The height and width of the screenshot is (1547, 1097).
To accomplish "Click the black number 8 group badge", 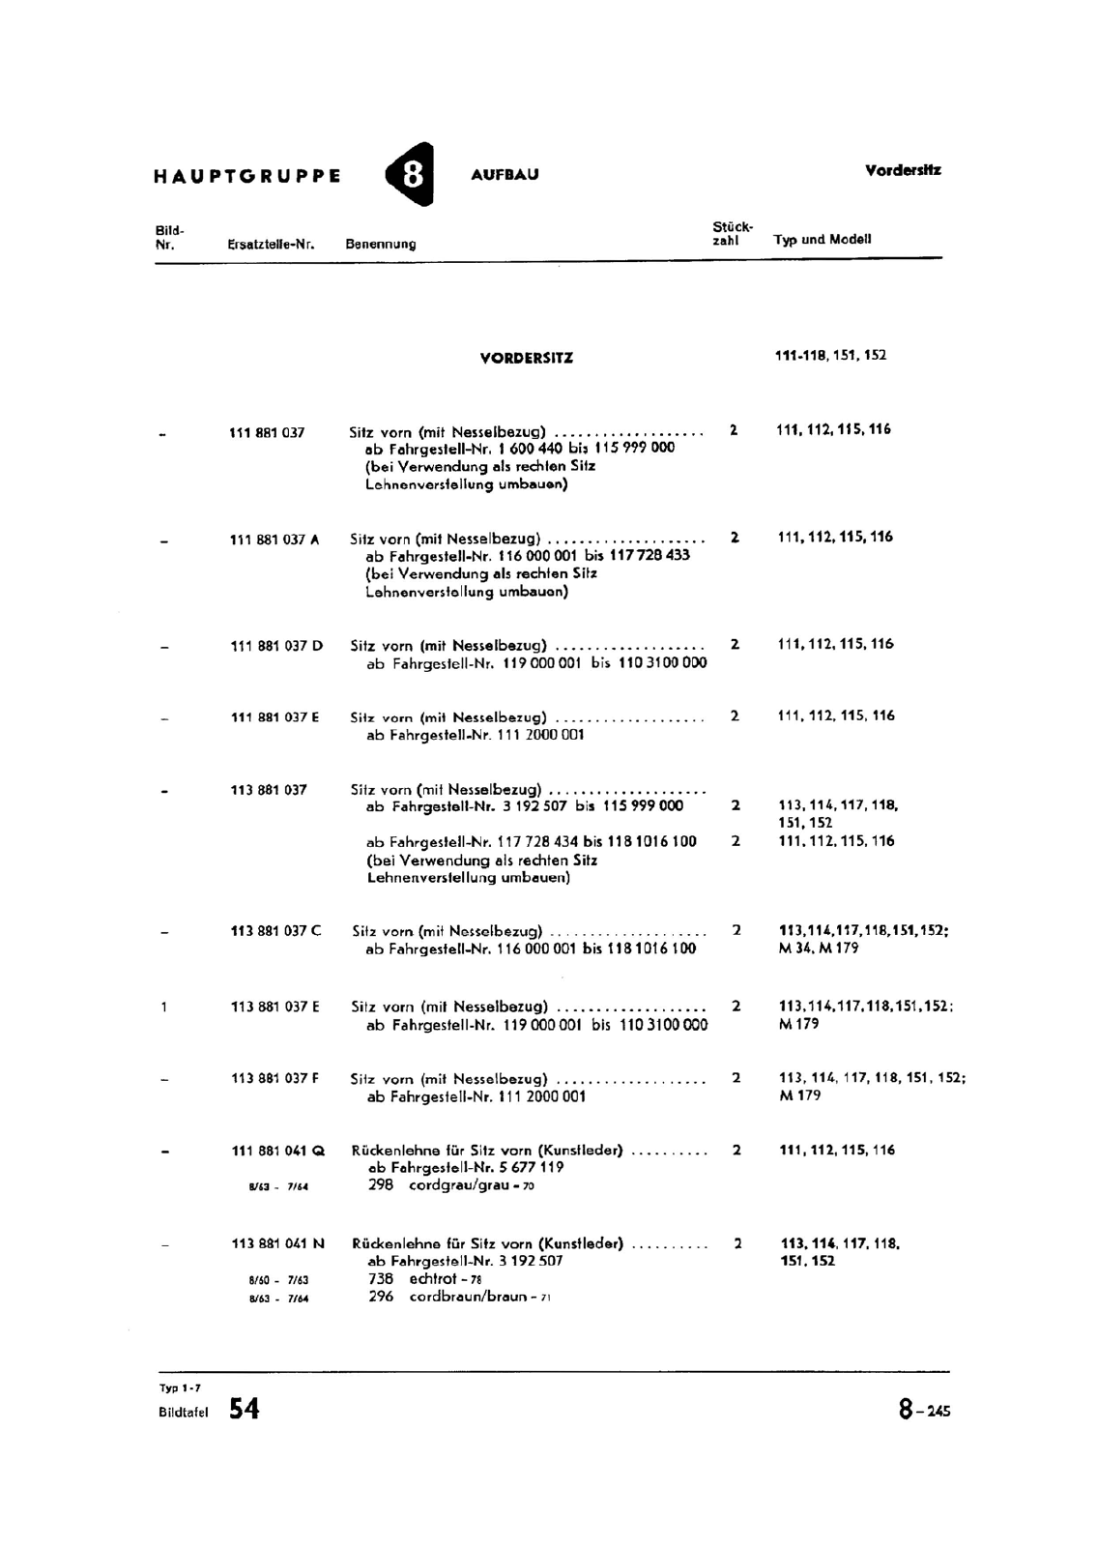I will pos(412,174).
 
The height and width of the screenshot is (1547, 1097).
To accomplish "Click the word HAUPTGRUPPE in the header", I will pos(246,176).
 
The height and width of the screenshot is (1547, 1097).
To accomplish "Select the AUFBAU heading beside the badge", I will pos(505,175).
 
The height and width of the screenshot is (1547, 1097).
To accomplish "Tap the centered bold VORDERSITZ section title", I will pos(527,358).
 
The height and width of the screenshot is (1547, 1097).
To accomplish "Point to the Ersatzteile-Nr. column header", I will pos(272,245).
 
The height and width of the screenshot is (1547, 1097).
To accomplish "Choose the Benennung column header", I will pos(381,245).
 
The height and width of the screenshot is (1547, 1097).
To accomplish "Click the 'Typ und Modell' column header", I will pos(823,239).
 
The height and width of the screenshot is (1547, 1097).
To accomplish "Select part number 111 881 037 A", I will pos(274,540).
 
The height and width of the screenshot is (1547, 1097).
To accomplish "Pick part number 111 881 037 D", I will pos(276,646).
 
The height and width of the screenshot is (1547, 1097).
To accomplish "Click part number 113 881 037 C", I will pos(276,931).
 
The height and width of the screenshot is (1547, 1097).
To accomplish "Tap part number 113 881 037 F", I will pos(275,1078).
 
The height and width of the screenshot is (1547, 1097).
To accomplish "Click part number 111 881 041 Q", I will pos(278,1151).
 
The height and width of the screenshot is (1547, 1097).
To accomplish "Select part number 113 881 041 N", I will pos(278,1243).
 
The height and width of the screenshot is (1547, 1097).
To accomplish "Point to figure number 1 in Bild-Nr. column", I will pos(164,1007).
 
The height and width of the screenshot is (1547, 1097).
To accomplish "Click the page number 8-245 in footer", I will pos(924,1411).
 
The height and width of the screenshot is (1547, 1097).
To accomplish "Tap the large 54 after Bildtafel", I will pos(245,1410).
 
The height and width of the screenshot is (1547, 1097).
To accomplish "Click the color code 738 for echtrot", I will pos(381,1278).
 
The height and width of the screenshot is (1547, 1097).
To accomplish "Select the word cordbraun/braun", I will pos(469,1297).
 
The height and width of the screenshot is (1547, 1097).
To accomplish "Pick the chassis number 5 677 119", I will pos(532,1167).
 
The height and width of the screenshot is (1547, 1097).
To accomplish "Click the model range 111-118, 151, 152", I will pos(830,355).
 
